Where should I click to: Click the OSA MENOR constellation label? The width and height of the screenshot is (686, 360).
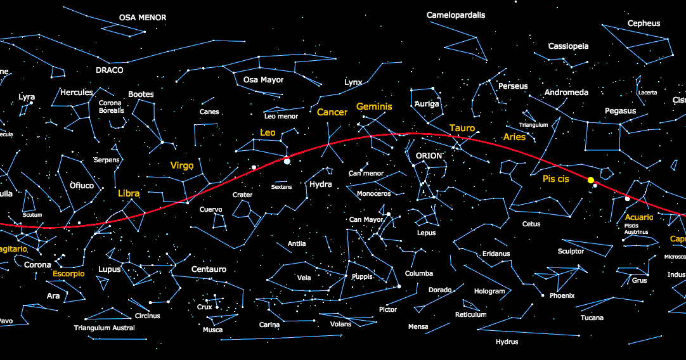click(143, 18)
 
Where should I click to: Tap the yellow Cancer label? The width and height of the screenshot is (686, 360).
click(332, 112)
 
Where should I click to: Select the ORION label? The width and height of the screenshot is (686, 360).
click(429, 156)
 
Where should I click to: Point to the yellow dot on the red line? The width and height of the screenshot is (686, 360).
click(591, 180)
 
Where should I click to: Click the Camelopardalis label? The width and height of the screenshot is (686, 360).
click(456, 15)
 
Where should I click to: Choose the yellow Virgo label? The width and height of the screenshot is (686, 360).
click(182, 165)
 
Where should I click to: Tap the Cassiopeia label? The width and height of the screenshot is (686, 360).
click(568, 46)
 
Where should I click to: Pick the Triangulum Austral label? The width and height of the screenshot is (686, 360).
click(105, 328)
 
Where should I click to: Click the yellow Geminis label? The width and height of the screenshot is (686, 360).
click(374, 106)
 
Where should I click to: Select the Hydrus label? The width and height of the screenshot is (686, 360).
click(507, 342)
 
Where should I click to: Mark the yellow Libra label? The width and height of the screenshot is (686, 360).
click(129, 193)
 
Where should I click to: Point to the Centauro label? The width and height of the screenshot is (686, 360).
click(209, 269)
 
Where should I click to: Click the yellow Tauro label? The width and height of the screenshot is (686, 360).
click(462, 128)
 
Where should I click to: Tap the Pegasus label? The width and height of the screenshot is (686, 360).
click(620, 111)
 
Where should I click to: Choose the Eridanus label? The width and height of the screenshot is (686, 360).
click(496, 254)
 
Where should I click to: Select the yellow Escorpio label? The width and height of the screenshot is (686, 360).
click(68, 274)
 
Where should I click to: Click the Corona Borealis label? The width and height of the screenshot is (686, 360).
click(111, 106)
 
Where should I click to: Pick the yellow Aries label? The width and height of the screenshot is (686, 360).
click(514, 137)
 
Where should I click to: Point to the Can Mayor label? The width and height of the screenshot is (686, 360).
click(366, 220)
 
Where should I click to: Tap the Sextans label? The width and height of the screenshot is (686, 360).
click(282, 187)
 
